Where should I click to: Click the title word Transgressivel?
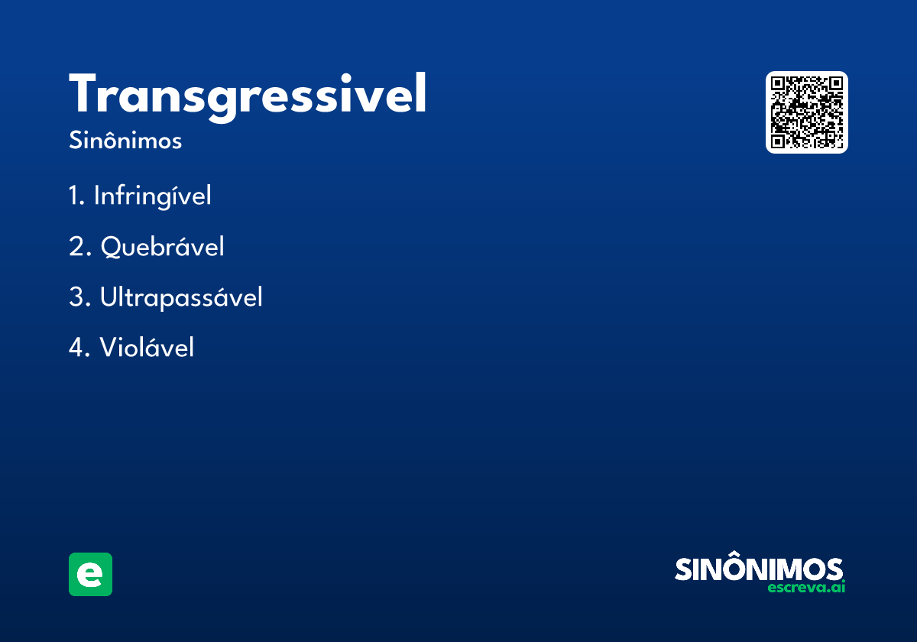pos(248,97)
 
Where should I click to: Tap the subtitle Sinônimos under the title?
pos(125,140)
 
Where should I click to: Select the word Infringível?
pos(153,196)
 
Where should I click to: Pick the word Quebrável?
pos(163,247)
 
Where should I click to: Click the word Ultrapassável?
pos(181,297)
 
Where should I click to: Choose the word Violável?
pos(147,347)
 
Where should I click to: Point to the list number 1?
pos(76,196)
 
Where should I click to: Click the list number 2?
pos(79,246)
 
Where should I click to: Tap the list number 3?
pos(79,297)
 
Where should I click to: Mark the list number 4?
pos(79,347)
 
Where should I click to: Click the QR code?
pos(806,112)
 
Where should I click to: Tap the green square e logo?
pos(90,574)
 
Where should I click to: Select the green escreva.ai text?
pos(806,588)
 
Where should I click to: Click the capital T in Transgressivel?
pos(83,92)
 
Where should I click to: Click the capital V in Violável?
pos(109,347)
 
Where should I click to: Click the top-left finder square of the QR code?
pos(777,83)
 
